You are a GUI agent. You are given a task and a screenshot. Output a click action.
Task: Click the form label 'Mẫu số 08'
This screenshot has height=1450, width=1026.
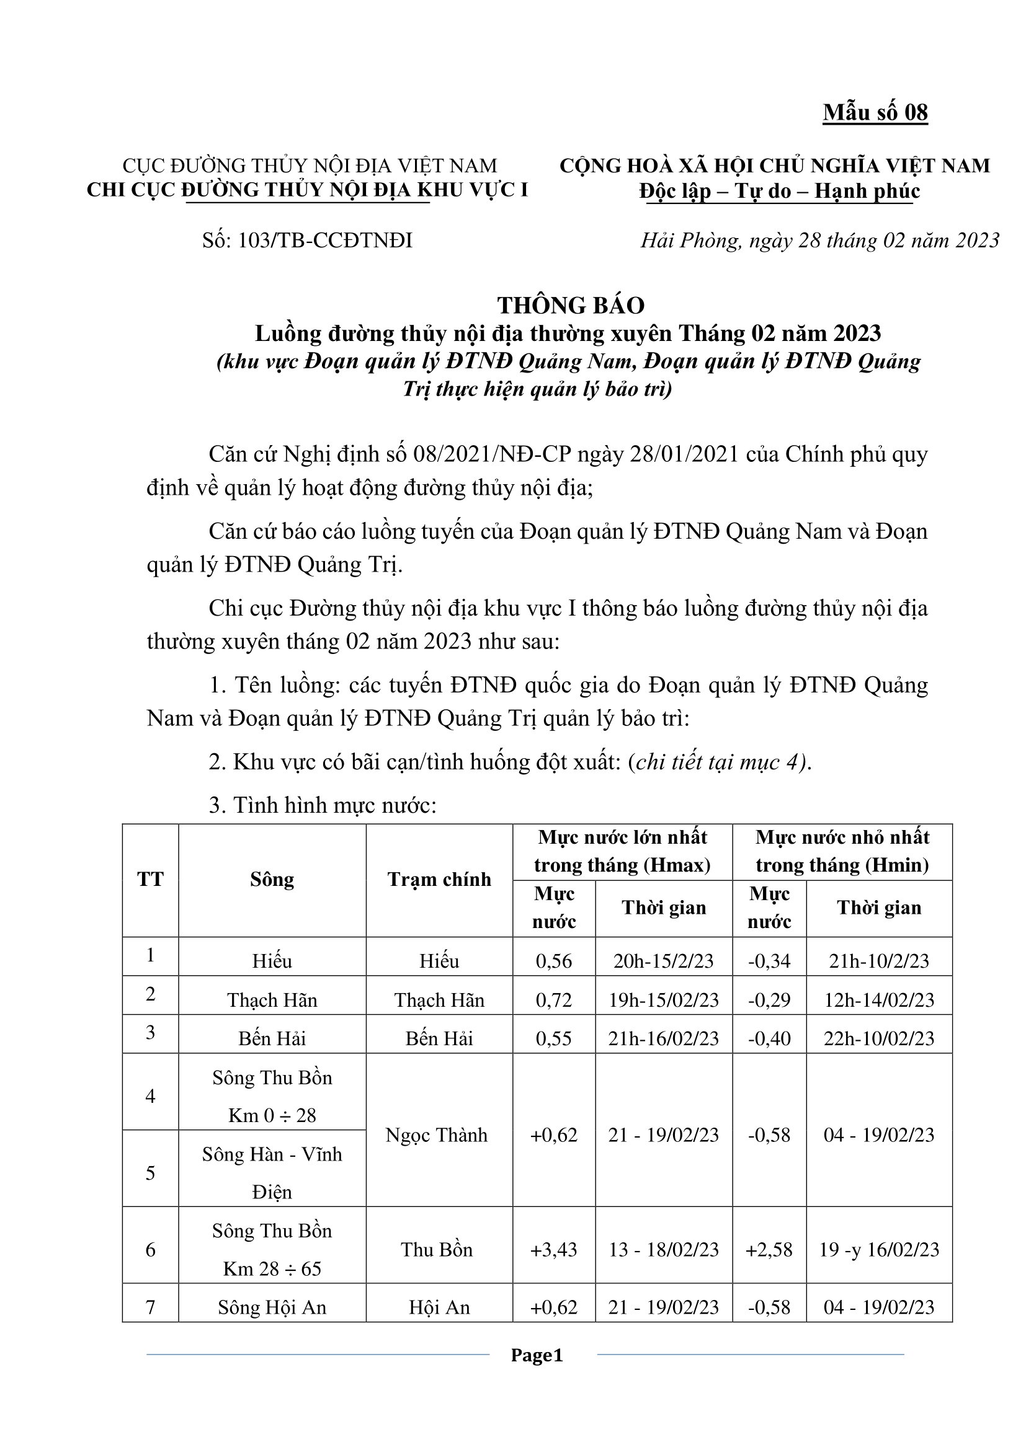click(875, 112)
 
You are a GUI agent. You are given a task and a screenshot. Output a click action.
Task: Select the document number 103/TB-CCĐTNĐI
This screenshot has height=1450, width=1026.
click(307, 241)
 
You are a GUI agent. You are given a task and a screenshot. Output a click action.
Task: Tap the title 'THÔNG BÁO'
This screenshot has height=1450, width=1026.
click(571, 306)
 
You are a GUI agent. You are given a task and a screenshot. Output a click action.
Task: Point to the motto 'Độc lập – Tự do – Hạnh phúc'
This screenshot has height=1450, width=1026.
click(779, 191)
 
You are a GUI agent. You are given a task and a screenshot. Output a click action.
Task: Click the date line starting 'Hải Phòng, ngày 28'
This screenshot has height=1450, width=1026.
click(819, 241)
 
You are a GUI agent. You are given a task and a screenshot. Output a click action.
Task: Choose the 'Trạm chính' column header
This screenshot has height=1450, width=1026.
click(439, 880)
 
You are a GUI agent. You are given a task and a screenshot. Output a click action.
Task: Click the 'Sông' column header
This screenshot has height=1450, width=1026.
click(272, 880)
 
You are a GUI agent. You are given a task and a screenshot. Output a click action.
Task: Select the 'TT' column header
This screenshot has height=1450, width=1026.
click(150, 880)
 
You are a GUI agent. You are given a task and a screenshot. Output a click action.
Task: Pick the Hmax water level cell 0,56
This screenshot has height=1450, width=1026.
click(553, 962)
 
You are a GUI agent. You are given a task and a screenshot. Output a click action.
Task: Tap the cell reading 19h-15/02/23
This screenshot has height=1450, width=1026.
click(663, 1000)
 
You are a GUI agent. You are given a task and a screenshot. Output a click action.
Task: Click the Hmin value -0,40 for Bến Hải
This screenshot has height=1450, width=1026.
click(769, 1038)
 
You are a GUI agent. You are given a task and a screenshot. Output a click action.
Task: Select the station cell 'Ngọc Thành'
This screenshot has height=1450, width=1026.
click(437, 1135)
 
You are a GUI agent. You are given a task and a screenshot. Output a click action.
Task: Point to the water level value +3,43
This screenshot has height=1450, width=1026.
click(553, 1249)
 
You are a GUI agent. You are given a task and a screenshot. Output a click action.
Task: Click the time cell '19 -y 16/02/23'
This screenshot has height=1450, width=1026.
click(879, 1249)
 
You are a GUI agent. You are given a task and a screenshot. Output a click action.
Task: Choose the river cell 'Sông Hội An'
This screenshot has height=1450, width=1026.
click(272, 1307)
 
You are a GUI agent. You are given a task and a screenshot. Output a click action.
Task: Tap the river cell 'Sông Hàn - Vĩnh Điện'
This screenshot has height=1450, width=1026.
click(272, 1173)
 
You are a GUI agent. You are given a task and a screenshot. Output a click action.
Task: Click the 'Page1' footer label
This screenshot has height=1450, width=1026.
click(537, 1355)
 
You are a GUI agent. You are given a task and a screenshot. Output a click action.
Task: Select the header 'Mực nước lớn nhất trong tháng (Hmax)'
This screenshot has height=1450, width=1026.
click(622, 851)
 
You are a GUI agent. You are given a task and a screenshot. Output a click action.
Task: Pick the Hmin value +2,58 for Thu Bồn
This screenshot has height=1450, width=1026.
click(769, 1249)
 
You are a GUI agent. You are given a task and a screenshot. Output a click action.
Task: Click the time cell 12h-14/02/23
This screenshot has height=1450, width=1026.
click(879, 1000)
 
